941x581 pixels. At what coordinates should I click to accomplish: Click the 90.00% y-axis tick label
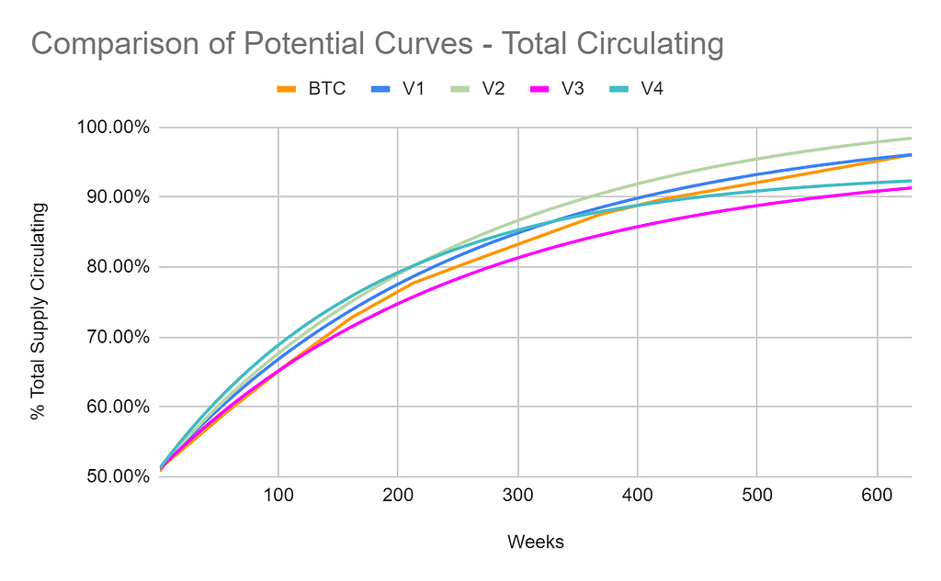click(110, 197)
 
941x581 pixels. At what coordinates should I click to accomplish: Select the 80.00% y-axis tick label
click(110, 267)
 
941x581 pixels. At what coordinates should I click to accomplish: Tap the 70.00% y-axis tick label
click(110, 337)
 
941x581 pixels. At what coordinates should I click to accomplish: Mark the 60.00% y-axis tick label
click(110, 407)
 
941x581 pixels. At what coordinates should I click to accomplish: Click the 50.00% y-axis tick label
click(110, 476)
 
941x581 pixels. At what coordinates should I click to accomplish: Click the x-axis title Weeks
click(535, 542)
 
